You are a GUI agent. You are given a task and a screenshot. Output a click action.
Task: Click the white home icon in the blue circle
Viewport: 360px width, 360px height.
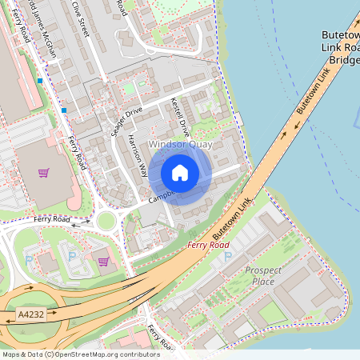pos(180,173)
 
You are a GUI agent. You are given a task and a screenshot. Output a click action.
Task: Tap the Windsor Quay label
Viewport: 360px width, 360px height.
pos(179,145)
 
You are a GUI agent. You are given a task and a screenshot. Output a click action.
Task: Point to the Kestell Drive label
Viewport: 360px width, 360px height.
pos(180,117)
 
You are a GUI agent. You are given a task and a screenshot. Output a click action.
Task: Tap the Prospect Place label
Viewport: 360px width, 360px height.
pos(263,276)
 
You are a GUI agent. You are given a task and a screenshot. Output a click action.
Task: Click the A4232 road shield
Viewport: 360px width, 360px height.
pos(30,317)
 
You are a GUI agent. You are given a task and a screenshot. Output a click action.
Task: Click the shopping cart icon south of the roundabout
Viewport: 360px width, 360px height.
pos(103,260)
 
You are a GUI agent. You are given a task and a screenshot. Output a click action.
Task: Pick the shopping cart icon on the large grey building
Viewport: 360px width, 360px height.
pos(44,172)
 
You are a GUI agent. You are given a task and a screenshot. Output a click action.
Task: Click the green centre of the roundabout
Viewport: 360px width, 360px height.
pos(106,221)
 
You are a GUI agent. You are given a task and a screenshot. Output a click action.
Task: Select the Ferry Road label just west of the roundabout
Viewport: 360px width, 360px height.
pos(52,218)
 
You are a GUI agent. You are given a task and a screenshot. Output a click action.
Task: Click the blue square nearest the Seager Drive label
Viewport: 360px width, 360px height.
pos(64,109)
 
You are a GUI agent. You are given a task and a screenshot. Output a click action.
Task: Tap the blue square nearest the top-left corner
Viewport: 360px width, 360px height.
pos(39,81)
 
